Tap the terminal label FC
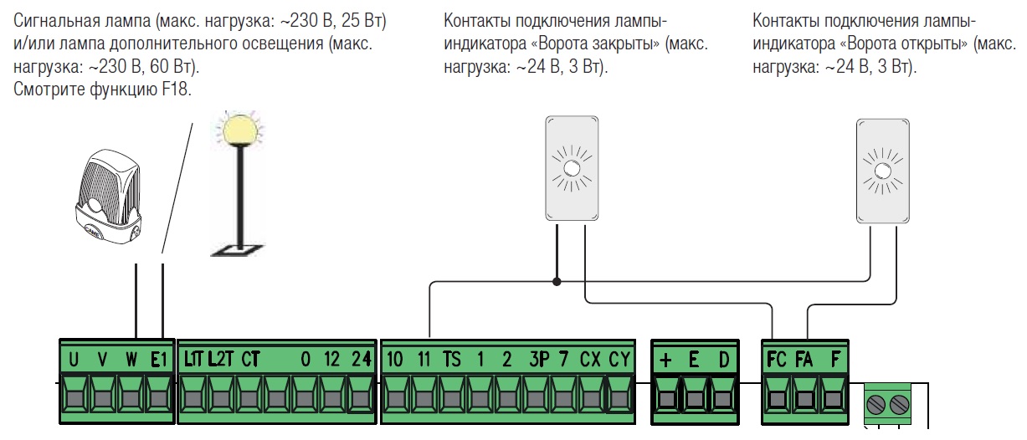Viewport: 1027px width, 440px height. (777, 360)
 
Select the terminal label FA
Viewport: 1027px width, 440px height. (804, 360)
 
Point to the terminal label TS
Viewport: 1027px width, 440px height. (452, 360)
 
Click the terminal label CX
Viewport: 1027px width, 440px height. (590, 360)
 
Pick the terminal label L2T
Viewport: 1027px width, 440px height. (222, 360)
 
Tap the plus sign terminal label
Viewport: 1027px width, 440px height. (666, 360)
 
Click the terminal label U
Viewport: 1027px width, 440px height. (74, 360)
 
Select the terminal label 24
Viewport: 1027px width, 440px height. (360, 360)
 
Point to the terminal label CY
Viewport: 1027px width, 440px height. (619, 360)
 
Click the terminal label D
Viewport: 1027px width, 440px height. (723, 360)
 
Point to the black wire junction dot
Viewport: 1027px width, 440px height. (556, 282)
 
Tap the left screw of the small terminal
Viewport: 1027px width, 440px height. (875, 407)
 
